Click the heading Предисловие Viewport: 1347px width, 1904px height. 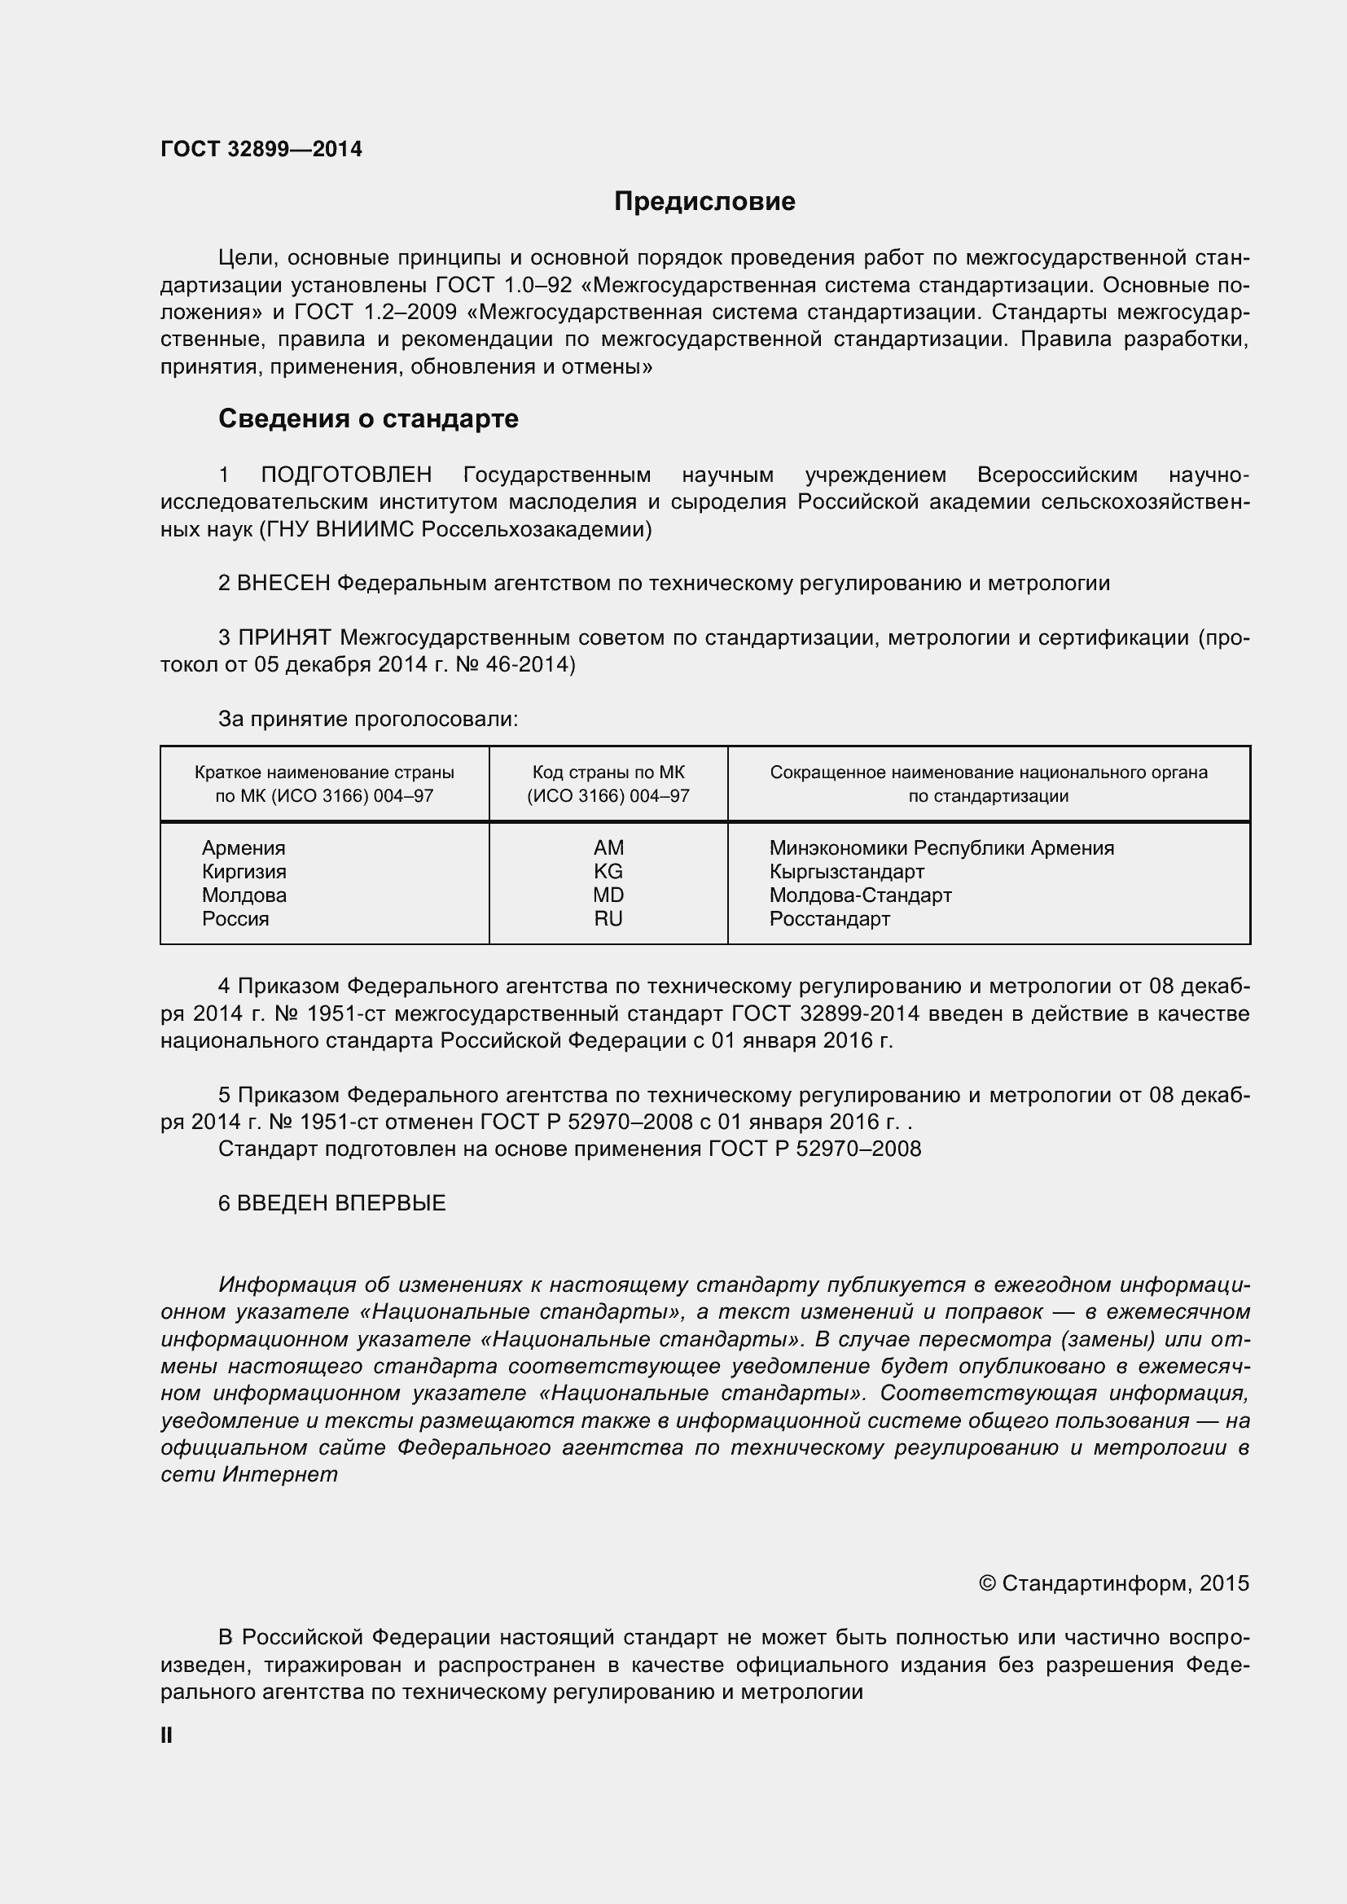[x=704, y=202]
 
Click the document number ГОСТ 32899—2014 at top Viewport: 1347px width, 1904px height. [x=261, y=149]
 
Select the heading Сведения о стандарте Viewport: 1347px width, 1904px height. [x=368, y=418]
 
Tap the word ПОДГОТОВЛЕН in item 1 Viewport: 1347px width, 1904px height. [x=346, y=475]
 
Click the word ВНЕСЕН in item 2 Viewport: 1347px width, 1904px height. [x=283, y=584]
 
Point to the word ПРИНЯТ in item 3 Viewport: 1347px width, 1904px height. [x=285, y=637]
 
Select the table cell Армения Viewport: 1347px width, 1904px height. [x=243, y=848]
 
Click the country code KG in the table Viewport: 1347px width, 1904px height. [x=608, y=872]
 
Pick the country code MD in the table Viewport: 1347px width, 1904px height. [x=608, y=895]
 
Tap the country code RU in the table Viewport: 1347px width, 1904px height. [x=608, y=919]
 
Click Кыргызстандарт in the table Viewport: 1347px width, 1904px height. [x=846, y=872]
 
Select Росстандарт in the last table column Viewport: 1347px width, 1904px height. [x=829, y=919]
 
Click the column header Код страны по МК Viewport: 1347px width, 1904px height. [x=608, y=773]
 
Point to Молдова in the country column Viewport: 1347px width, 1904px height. [x=244, y=895]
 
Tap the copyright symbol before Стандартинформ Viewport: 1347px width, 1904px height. [x=987, y=1584]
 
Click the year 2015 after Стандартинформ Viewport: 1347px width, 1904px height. [x=1223, y=1584]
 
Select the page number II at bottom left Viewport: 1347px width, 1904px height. [x=166, y=1735]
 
